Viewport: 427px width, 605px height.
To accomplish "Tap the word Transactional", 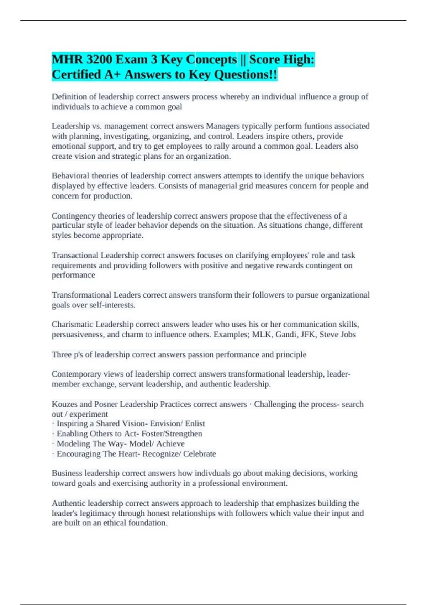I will [x=75, y=256].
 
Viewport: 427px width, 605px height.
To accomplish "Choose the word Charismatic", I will [x=72, y=325].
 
